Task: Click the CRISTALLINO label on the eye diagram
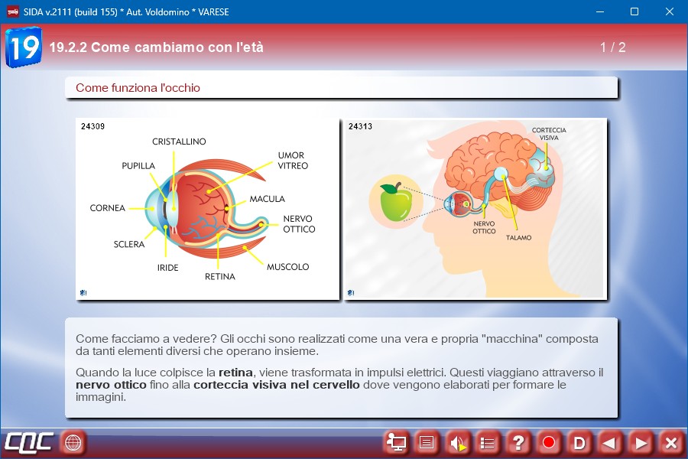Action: point(179,142)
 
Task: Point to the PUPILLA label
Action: point(138,165)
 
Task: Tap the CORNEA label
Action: point(108,208)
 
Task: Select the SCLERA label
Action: point(129,244)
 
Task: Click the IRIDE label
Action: point(167,268)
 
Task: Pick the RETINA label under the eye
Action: point(220,276)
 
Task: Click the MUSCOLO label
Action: point(288,267)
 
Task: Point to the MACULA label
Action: point(268,199)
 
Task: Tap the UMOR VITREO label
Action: point(293,161)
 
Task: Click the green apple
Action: point(396,202)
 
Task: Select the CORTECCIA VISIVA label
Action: point(549,134)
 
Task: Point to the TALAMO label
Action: point(518,238)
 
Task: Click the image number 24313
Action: point(360,126)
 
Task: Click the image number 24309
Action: point(92,126)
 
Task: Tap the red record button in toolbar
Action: point(548,443)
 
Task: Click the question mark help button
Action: point(518,443)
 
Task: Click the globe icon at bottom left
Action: point(73,442)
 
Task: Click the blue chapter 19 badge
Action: point(24,47)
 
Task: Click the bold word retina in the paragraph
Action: point(235,373)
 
